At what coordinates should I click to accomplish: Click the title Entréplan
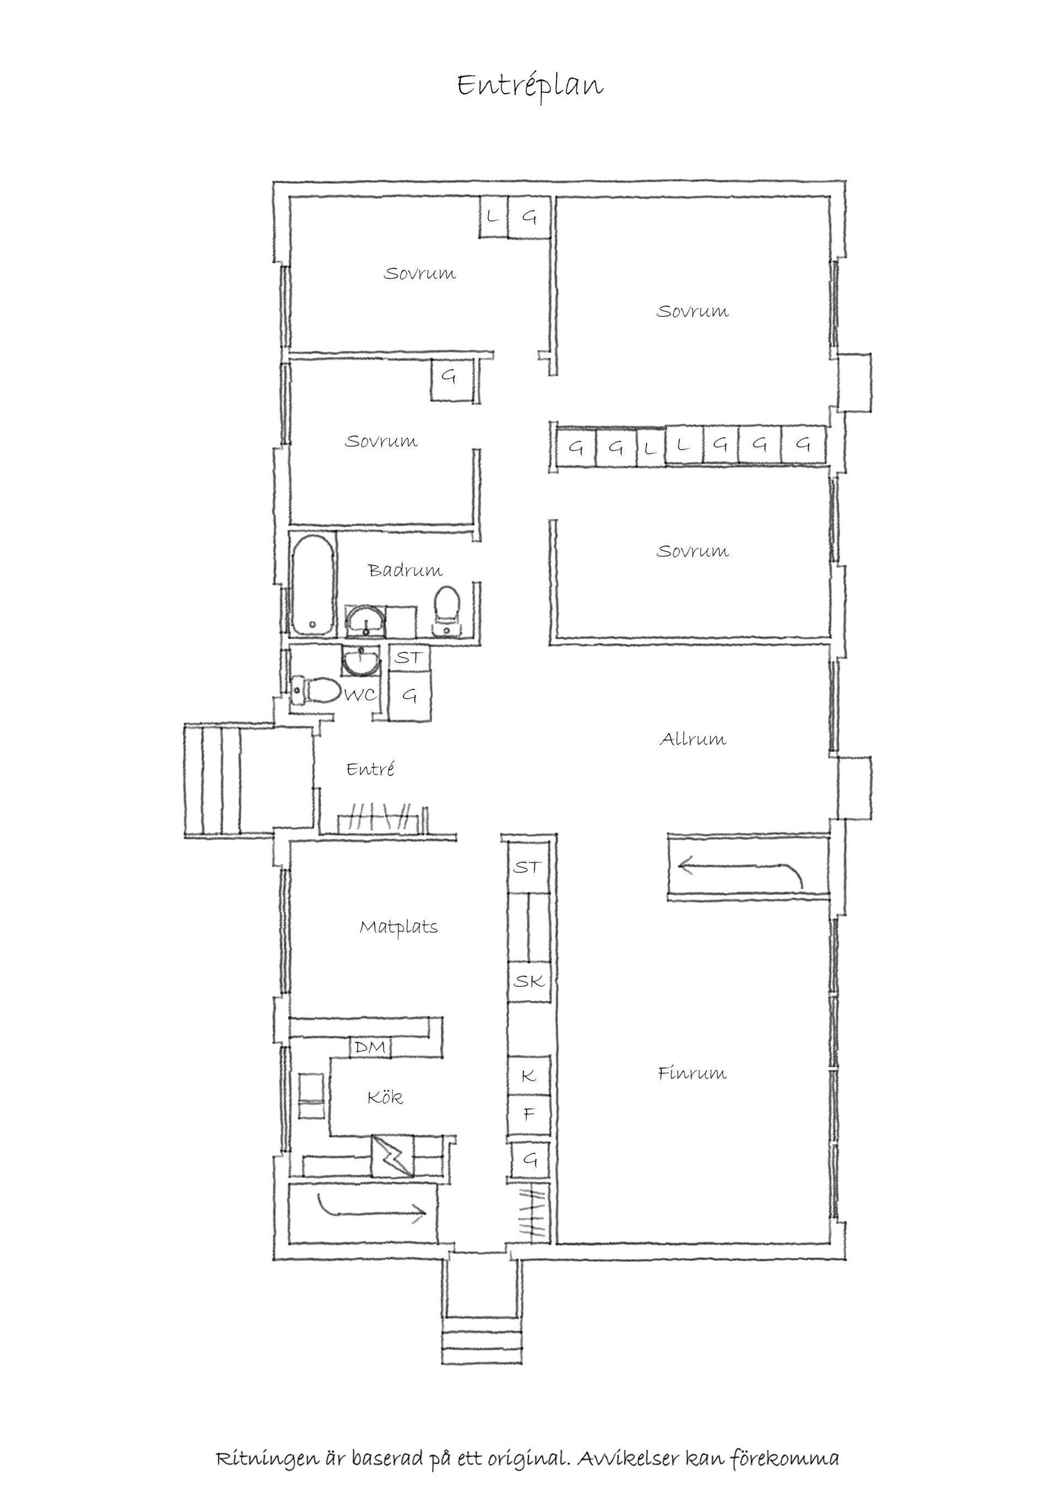[x=530, y=85]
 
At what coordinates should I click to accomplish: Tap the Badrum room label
[x=405, y=570]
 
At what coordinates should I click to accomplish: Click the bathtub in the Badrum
[x=314, y=584]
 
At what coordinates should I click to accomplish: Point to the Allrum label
[x=693, y=739]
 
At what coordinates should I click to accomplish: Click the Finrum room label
[x=692, y=1073]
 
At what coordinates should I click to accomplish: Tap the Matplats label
[x=399, y=927]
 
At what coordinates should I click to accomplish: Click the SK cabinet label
[x=528, y=981]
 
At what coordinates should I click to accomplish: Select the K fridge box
[x=529, y=1075]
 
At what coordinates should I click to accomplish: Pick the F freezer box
[x=529, y=1114]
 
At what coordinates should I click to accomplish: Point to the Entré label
[x=370, y=769]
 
